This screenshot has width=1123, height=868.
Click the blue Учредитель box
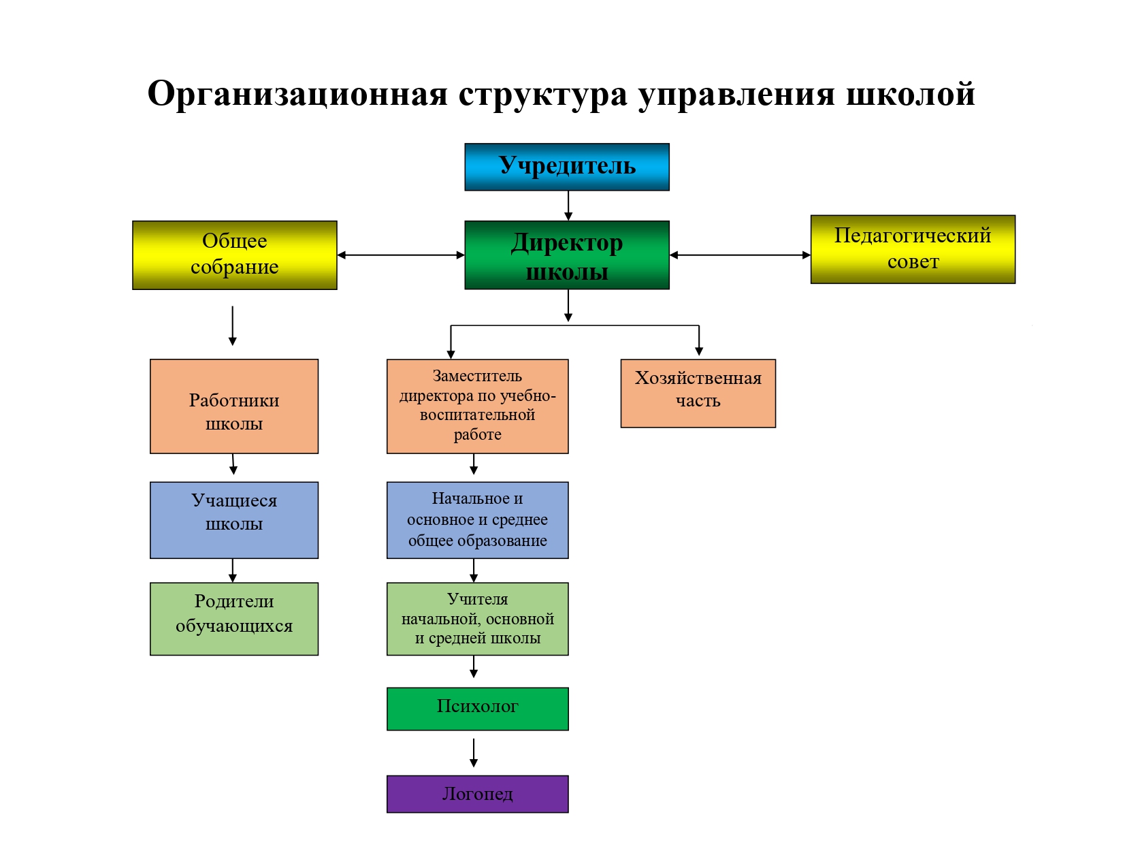[567, 167]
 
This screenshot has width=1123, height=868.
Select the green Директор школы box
[567, 255]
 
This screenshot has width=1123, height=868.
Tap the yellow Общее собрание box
[235, 255]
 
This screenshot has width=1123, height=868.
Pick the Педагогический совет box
[913, 249]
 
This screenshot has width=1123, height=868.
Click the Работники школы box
[234, 406]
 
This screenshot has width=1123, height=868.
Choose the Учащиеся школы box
[234, 520]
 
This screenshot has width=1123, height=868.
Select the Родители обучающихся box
[234, 619]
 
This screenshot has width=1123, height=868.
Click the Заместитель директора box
[477, 406]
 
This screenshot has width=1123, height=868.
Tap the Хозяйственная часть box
[698, 393]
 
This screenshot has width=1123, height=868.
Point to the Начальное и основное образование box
[477, 520]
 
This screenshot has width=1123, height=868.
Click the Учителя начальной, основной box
[477, 619]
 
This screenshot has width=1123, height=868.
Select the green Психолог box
[477, 709]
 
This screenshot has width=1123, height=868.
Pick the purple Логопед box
[477, 794]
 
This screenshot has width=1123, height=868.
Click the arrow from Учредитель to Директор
[568, 205]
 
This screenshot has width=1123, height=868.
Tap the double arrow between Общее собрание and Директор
[401, 255]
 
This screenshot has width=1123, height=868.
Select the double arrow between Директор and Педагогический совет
[740, 255]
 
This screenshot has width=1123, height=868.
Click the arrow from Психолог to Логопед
[474, 752]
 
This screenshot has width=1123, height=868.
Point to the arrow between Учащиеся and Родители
[233, 570]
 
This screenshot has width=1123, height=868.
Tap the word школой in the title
[910, 94]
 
